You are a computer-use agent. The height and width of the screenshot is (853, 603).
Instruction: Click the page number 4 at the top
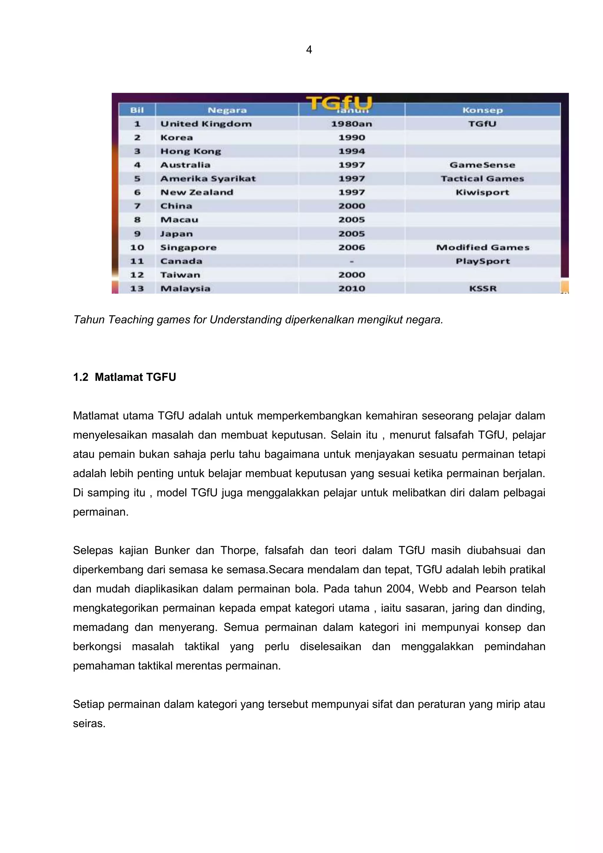[x=309, y=49]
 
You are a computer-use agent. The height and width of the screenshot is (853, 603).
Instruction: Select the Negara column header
[x=227, y=110]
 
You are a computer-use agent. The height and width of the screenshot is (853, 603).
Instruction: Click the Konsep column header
[x=482, y=110]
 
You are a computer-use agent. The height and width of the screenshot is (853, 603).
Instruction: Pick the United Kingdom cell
[x=206, y=124]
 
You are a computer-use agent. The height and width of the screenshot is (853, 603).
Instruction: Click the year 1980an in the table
[x=351, y=124]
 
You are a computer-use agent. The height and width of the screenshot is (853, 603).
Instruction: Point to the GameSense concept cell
[x=482, y=165]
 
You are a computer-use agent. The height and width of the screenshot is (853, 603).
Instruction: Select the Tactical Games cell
[x=482, y=179]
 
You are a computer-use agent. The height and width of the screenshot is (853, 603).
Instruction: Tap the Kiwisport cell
[x=482, y=192]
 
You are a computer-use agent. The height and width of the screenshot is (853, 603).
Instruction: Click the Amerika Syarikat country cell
[x=208, y=179]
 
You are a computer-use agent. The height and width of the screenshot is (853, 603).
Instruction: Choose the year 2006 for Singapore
[x=351, y=247]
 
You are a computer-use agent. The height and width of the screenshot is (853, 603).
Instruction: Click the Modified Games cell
[x=483, y=247]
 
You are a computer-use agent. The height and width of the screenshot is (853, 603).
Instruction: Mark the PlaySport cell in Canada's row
[x=483, y=261]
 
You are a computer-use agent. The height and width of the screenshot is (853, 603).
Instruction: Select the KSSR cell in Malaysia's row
[x=483, y=289]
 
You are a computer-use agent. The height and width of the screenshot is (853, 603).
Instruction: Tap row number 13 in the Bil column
[x=137, y=289]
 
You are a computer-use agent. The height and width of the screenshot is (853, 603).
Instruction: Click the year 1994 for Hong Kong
[x=351, y=151]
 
